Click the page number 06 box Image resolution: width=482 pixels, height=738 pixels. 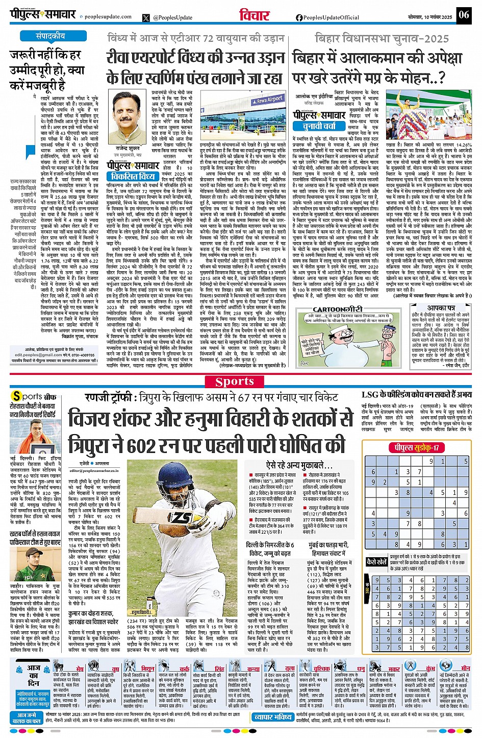[x=463, y=14]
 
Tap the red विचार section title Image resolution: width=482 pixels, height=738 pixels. [x=254, y=15]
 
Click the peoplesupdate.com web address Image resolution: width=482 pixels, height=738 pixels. [x=108, y=17]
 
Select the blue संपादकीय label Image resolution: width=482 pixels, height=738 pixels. [x=50, y=36]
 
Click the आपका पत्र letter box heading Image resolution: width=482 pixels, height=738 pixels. [x=441, y=308]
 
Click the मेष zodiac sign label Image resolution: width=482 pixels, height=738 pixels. [x=80, y=668]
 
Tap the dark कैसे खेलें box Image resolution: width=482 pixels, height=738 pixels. [x=377, y=562]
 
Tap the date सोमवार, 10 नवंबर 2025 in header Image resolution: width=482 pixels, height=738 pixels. [x=430, y=17]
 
